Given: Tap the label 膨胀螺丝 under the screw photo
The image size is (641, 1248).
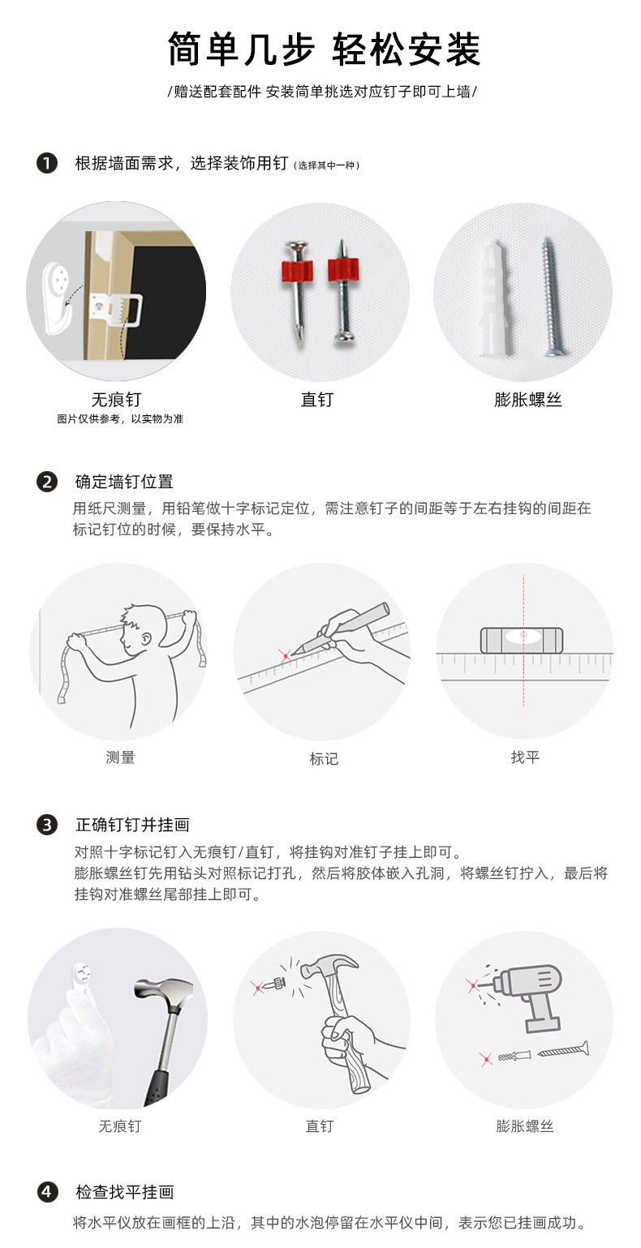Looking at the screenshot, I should coord(527,400).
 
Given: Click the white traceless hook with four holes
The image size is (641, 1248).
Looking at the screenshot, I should coord(58,285).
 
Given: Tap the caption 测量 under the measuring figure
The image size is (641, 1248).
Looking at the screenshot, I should coord(120,757).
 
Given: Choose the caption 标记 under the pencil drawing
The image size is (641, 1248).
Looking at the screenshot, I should coord(323,759).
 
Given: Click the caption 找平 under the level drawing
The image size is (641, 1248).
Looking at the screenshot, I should coord(525,757).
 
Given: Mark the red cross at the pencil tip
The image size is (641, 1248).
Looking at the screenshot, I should coord(285,655).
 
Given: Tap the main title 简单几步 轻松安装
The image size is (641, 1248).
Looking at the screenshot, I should coord(323,49).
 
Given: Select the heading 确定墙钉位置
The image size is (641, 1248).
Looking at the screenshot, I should coord(124,482).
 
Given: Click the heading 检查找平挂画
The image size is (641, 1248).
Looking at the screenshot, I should coord(125,1192).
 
